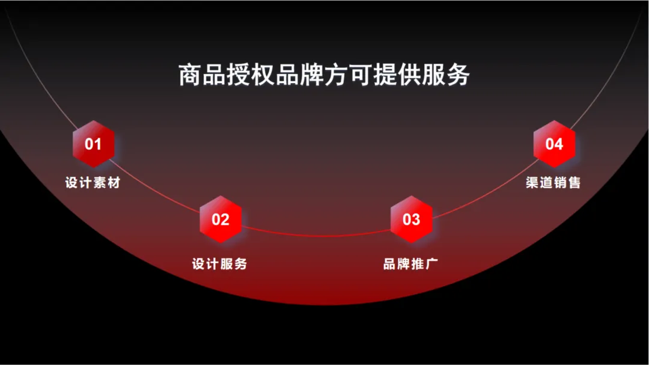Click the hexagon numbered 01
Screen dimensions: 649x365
pyautogui.click(x=93, y=144)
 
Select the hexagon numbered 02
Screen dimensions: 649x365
pyautogui.click(x=220, y=219)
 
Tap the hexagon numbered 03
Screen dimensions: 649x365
pyautogui.click(x=412, y=219)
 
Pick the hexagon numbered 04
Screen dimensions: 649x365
pyautogui.click(x=554, y=144)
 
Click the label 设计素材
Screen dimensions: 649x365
pyautogui.click(x=93, y=182)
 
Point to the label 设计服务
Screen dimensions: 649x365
pyautogui.click(x=219, y=263)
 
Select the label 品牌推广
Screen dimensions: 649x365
pyautogui.click(x=410, y=263)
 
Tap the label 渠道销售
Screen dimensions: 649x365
pyautogui.click(x=553, y=182)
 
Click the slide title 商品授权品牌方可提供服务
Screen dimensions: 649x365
pyautogui.click(x=324, y=75)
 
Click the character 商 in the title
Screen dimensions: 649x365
pyautogui.click(x=190, y=75)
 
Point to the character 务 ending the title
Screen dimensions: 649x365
pyautogui.click(x=458, y=75)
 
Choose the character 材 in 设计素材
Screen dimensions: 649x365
pyautogui.click(x=114, y=182)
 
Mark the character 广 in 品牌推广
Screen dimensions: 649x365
pyautogui.click(x=431, y=263)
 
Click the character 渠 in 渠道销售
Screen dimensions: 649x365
pyautogui.click(x=532, y=182)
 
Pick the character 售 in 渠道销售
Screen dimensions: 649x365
pyautogui.click(x=574, y=182)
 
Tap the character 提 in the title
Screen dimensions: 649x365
pyautogui.click(x=385, y=75)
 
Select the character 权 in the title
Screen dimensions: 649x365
pyautogui.click(x=263, y=75)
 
